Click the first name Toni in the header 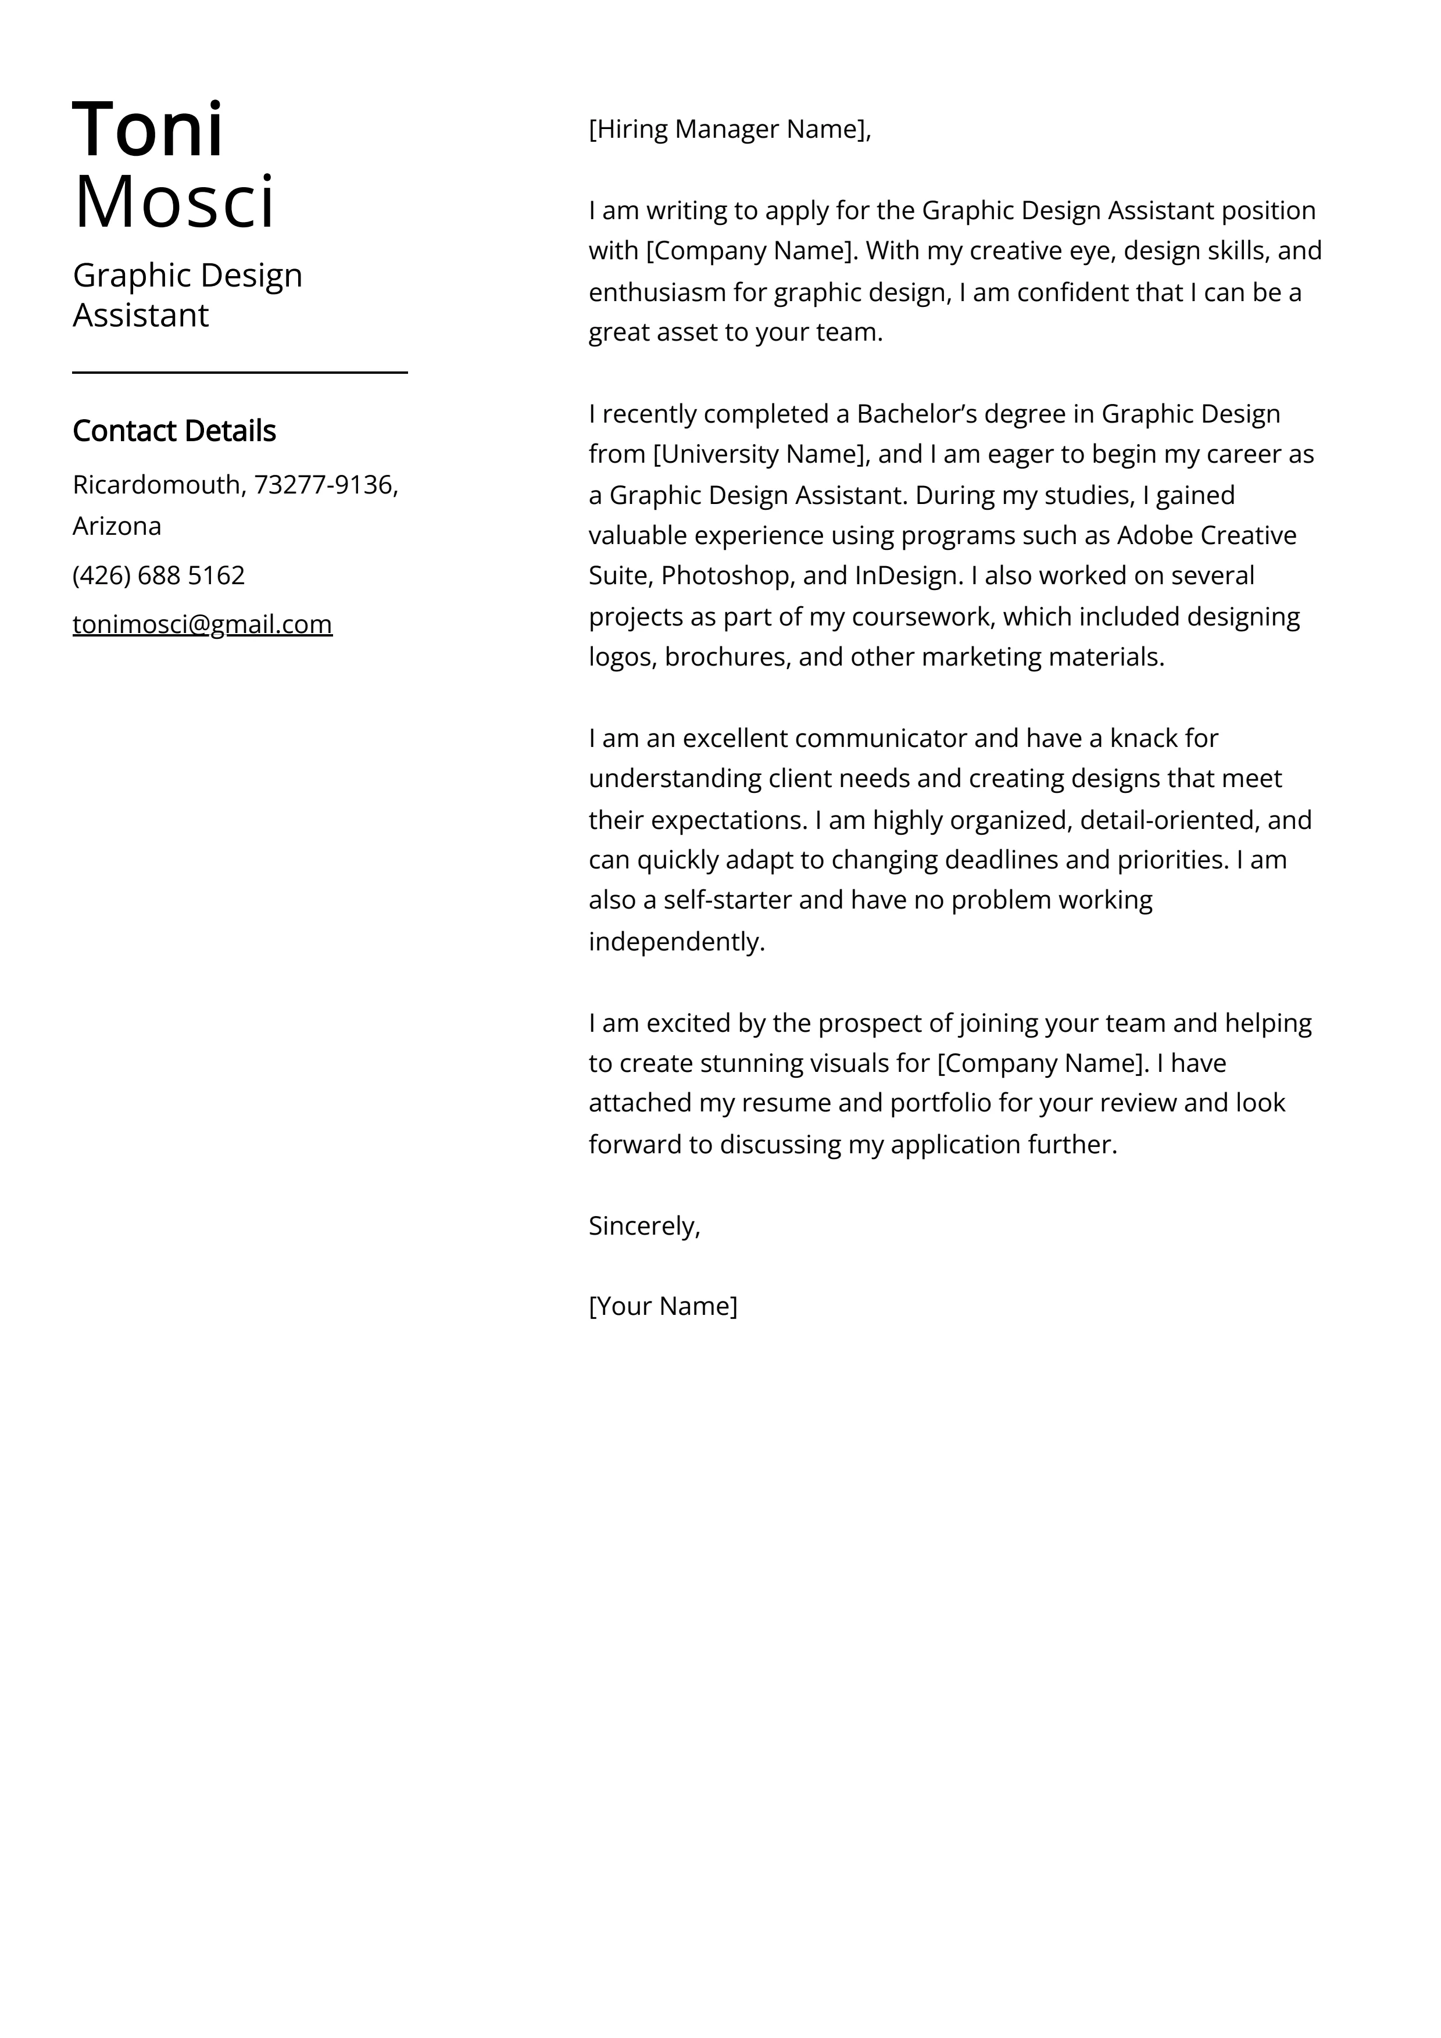coord(148,130)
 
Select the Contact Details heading coord(174,431)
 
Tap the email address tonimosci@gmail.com coord(202,625)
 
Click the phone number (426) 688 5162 coord(158,576)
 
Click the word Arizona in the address coord(116,527)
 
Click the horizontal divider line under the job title coord(239,373)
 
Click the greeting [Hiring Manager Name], coord(730,130)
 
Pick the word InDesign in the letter coord(909,576)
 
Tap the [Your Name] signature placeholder coord(662,1307)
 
